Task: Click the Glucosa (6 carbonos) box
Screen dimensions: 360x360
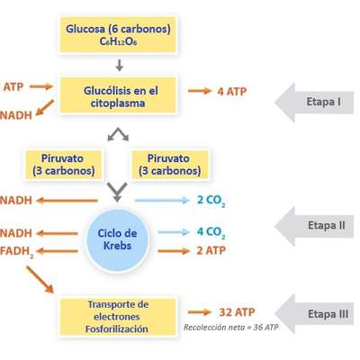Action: point(118,35)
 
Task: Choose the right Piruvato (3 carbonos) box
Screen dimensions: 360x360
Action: point(170,164)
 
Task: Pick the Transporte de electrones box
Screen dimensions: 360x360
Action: point(117,317)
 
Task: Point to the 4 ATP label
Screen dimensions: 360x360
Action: point(231,92)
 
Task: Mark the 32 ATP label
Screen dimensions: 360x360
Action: point(238,312)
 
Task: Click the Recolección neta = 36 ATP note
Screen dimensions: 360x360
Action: point(231,328)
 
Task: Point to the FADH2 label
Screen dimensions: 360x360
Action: point(18,252)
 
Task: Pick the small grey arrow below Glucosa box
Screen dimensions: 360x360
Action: point(119,65)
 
